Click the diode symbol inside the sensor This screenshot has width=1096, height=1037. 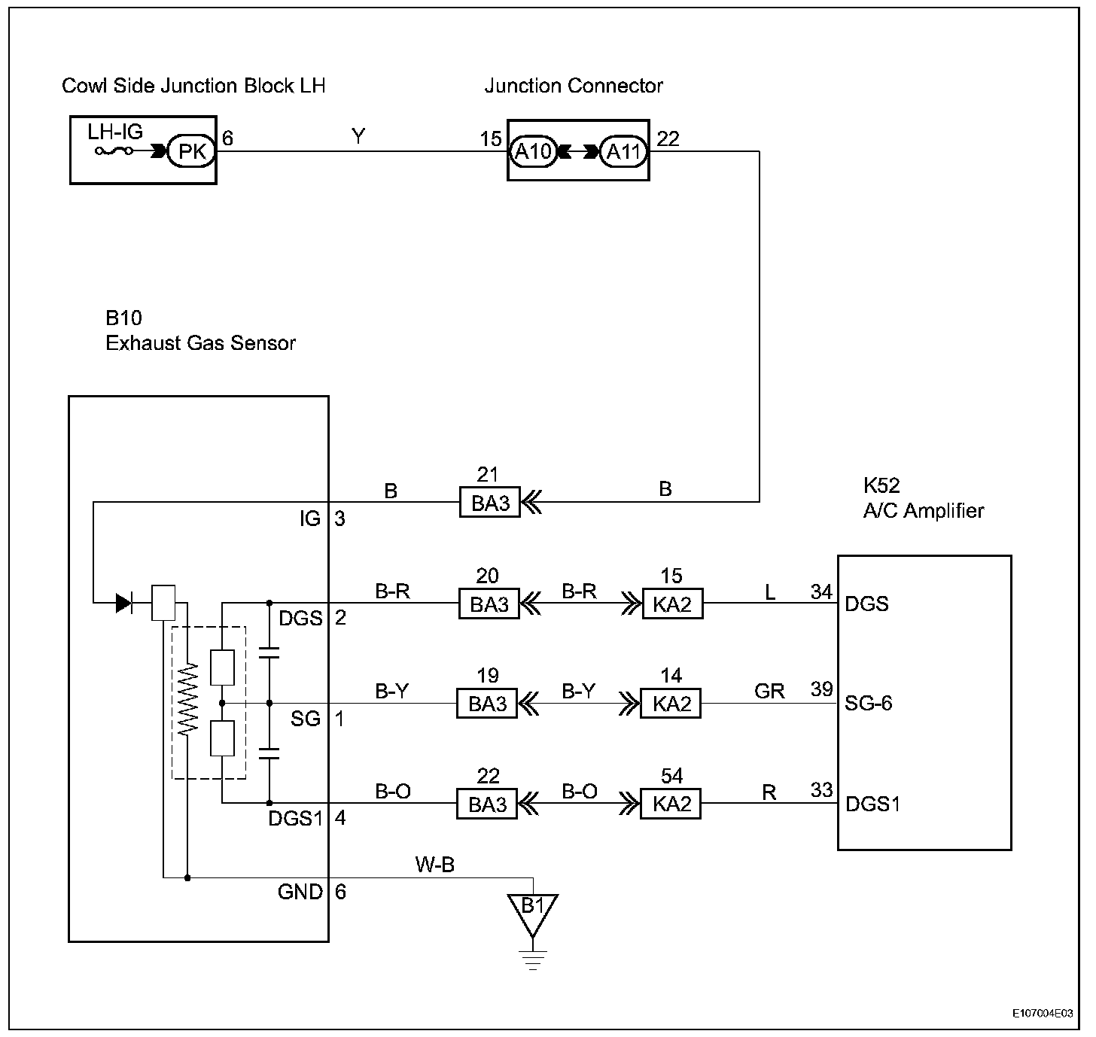[123, 603]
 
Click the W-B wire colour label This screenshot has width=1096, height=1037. [435, 865]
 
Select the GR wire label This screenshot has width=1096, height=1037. [769, 692]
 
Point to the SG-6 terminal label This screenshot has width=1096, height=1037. [868, 703]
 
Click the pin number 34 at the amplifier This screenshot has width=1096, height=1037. [821, 591]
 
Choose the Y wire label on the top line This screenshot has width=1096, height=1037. [358, 136]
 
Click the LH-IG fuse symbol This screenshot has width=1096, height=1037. [114, 151]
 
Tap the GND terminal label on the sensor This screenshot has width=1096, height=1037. [300, 892]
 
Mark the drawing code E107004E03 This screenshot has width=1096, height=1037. [1043, 1013]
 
